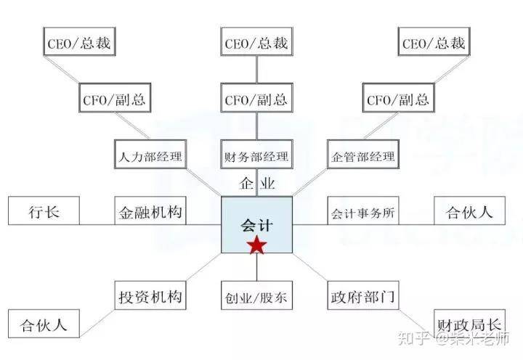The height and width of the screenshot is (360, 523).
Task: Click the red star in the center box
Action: tap(257, 245)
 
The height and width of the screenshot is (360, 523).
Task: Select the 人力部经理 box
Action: tap(150, 155)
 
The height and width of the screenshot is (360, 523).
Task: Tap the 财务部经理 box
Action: tap(257, 155)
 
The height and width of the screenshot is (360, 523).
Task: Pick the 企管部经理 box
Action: tap(363, 155)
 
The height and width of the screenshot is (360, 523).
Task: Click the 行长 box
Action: tap(44, 210)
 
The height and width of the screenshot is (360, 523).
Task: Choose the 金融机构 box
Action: tap(150, 210)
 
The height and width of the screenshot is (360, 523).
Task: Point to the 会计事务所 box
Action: tap(363, 210)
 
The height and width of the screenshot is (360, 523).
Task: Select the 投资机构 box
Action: tap(150, 295)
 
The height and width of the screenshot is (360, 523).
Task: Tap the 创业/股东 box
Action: tap(257, 295)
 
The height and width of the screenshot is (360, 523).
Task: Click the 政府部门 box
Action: tap(363, 295)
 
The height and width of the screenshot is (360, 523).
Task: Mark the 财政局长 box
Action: tap(469, 324)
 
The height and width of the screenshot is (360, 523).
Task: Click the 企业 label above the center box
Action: tap(257, 183)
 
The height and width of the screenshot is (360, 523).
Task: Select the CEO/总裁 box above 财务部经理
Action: tap(257, 41)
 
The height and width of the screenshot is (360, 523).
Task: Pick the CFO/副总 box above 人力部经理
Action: tap(115, 98)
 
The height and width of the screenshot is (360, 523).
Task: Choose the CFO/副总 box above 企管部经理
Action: tap(398, 98)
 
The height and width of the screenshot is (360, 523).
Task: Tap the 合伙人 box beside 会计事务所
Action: tap(469, 210)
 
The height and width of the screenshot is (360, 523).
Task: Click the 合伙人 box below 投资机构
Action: tap(44, 324)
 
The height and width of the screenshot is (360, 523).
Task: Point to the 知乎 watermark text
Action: tap(413, 338)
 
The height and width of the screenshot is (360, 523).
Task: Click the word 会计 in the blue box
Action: tap(257, 225)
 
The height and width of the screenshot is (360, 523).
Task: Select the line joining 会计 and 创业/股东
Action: tap(257, 267)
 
